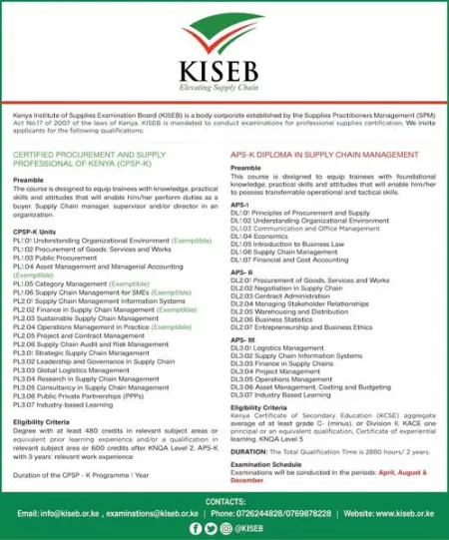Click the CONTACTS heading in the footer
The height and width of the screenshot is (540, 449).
click(224, 501)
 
